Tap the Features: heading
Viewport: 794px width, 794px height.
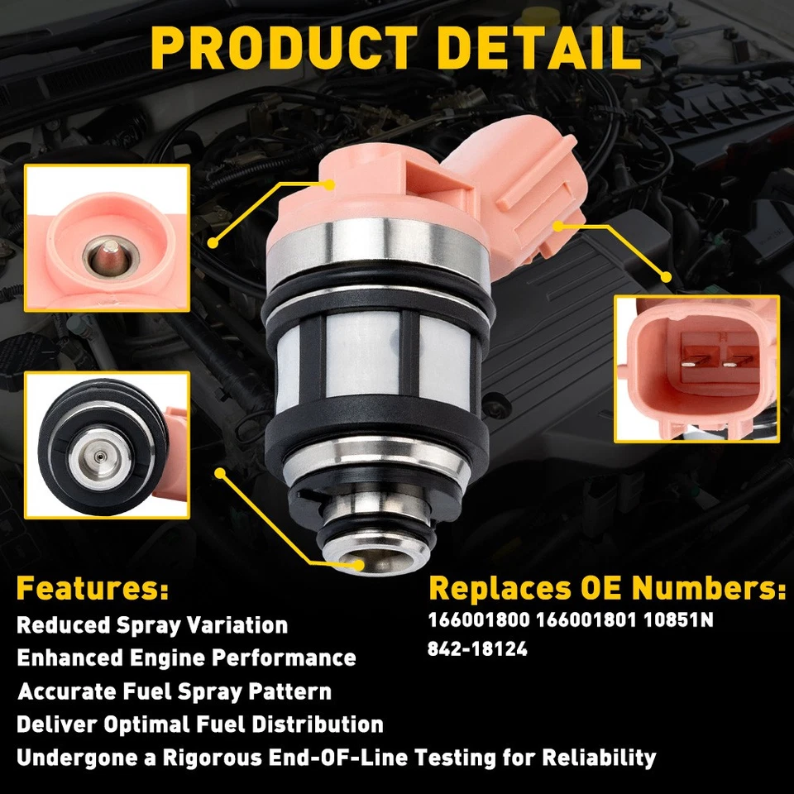(x=92, y=589)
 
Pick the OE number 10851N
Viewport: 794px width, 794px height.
(x=682, y=620)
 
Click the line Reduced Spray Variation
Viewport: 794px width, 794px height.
(x=152, y=624)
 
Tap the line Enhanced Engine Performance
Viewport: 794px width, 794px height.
(x=186, y=658)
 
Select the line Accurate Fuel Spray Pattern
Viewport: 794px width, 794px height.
(x=175, y=691)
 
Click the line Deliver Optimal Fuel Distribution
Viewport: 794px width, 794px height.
(x=199, y=725)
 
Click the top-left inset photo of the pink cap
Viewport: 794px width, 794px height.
(x=107, y=238)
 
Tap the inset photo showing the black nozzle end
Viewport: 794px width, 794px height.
(x=107, y=444)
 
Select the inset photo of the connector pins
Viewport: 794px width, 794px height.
(x=696, y=368)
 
